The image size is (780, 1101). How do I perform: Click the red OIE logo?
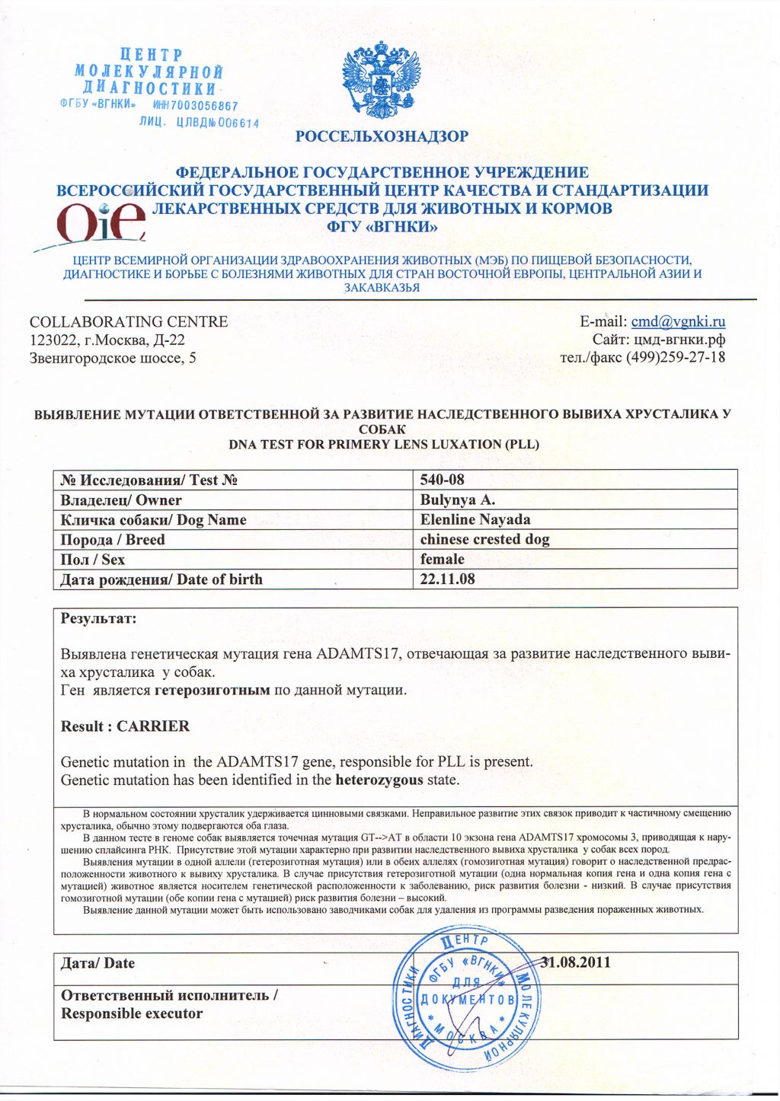[x=100, y=222]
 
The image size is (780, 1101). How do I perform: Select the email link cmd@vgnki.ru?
[x=678, y=321]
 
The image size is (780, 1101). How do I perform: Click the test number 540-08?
[x=442, y=480]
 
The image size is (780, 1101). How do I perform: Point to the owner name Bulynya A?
[x=458, y=499]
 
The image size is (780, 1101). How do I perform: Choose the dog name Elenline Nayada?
[x=475, y=519]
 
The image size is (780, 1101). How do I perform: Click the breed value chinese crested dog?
[x=484, y=539]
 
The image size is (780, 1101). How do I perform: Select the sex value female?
[x=442, y=559]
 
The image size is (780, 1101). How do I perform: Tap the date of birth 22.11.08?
[x=448, y=579]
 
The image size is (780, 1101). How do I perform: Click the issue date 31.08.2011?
[x=576, y=962]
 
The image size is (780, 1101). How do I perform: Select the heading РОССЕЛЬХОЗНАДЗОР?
[x=382, y=136]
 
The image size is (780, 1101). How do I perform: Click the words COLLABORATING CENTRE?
[x=129, y=321]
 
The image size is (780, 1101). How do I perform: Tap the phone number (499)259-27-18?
[x=676, y=357]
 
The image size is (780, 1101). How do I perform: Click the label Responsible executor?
[x=132, y=1013]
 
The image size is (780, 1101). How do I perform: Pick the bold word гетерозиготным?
[x=213, y=691]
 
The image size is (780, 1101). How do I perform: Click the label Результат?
[x=98, y=618]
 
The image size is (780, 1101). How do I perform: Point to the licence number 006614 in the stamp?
[x=238, y=123]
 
